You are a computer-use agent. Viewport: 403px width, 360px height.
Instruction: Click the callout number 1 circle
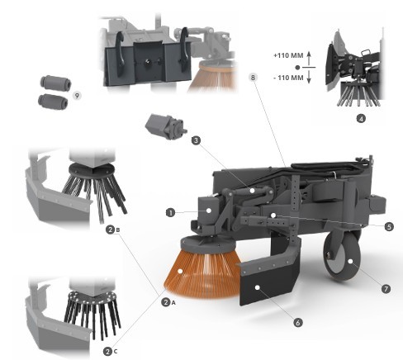click(x=170, y=212)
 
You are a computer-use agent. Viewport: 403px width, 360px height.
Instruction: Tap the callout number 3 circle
click(x=196, y=140)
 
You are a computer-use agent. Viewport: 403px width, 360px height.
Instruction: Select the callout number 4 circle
click(x=361, y=119)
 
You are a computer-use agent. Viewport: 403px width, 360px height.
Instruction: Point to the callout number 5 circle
click(x=389, y=227)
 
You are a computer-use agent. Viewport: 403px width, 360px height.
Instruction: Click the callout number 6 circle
click(x=297, y=322)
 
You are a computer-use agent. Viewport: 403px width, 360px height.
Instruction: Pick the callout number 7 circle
click(x=386, y=289)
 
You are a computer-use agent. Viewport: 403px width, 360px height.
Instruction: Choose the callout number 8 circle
click(x=253, y=78)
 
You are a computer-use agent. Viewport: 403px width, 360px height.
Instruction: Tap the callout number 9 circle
click(x=77, y=96)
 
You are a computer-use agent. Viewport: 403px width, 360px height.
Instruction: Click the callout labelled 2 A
click(x=168, y=302)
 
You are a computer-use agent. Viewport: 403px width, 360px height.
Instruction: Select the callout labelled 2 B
click(x=113, y=230)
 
